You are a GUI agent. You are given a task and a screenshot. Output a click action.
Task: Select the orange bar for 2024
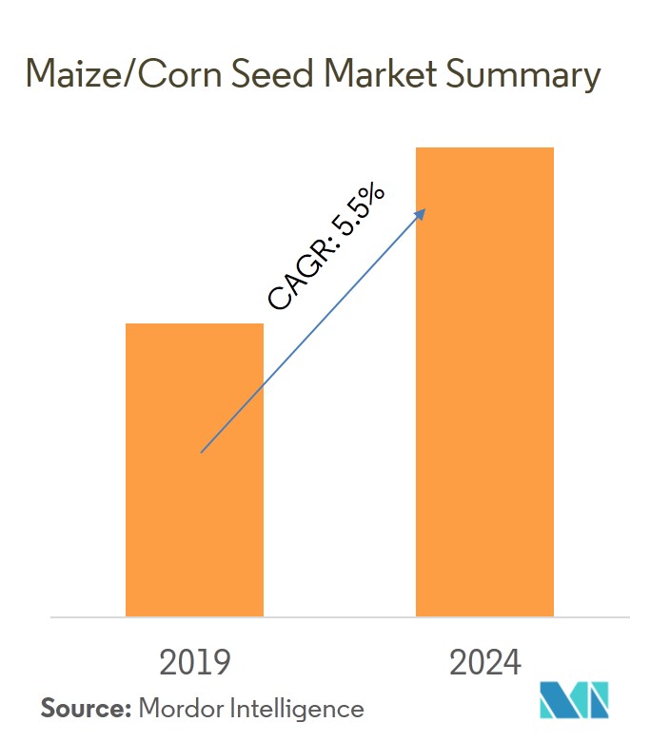(484, 381)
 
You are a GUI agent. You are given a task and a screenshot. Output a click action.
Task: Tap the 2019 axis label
(194, 661)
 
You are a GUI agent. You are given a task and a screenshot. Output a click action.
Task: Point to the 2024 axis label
(484, 661)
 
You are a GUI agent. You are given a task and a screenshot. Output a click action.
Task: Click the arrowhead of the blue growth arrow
(422, 212)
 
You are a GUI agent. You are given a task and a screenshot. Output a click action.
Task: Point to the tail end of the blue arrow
(201, 452)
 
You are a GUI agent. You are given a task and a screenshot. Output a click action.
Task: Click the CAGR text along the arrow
(300, 277)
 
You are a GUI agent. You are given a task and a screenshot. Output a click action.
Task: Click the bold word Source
(85, 708)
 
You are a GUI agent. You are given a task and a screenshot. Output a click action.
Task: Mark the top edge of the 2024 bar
(484, 148)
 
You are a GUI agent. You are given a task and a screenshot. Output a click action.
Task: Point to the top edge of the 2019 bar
(194, 324)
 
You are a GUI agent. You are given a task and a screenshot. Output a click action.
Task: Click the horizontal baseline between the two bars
(339, 617)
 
